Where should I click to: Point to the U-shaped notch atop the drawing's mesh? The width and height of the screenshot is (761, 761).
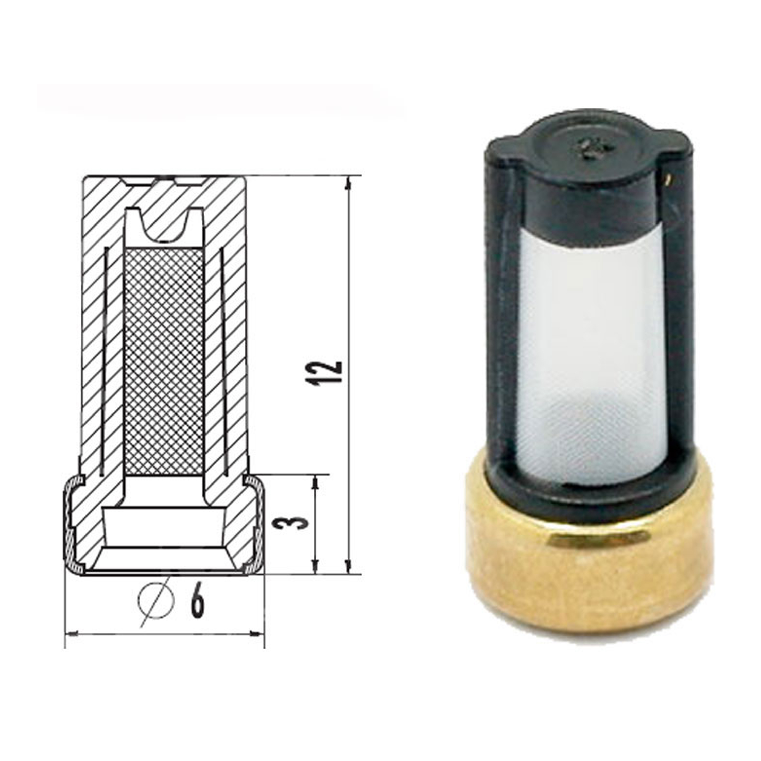(x=165, y=227)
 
